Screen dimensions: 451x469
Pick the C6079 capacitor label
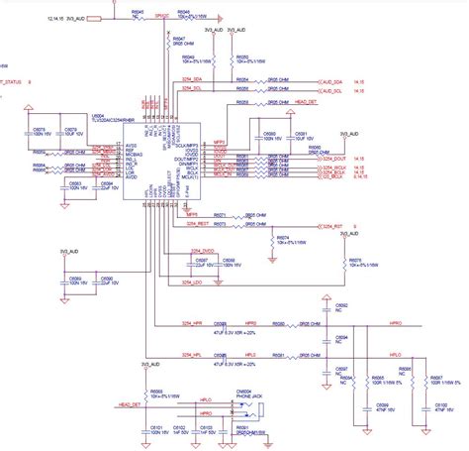coord(70,129)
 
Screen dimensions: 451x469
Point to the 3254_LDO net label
coord(198,256)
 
